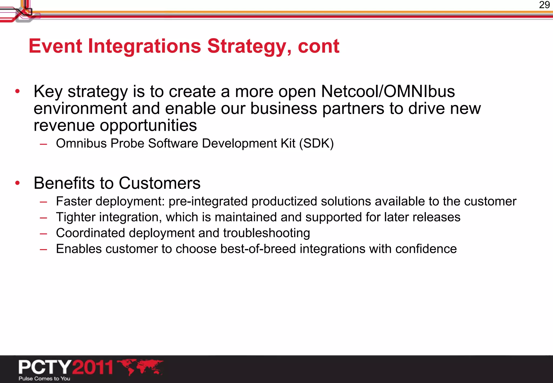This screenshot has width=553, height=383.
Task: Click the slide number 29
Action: [x=544, y=5]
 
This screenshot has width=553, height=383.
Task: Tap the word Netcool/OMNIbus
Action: [x=388, y=91]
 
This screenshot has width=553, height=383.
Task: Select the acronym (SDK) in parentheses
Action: [x=316, y=143]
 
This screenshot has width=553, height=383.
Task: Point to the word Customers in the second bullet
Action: [x=160, y=183]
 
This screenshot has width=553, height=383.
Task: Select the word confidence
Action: [x=426, y=249]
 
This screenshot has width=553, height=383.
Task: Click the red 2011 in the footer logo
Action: [x=93, y=367]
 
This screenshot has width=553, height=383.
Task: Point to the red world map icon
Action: [x=140, y=367]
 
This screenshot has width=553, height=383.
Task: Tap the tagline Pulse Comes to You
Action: [x=44, y=378]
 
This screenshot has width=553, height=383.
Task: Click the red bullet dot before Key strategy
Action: [x=18, y=91]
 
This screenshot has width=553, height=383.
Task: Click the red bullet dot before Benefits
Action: [x=18, y=183]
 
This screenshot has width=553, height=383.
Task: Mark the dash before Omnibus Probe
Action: [x=43, y=144]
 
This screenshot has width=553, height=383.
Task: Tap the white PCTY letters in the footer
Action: [x=45, y=367]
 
